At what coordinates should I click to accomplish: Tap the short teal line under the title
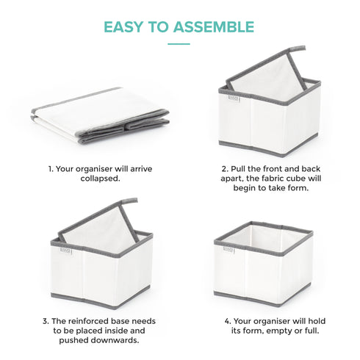[x=179, y=44]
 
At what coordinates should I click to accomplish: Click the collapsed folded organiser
[x=100, y=116]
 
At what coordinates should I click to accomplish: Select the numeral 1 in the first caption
[x=50, y=168]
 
